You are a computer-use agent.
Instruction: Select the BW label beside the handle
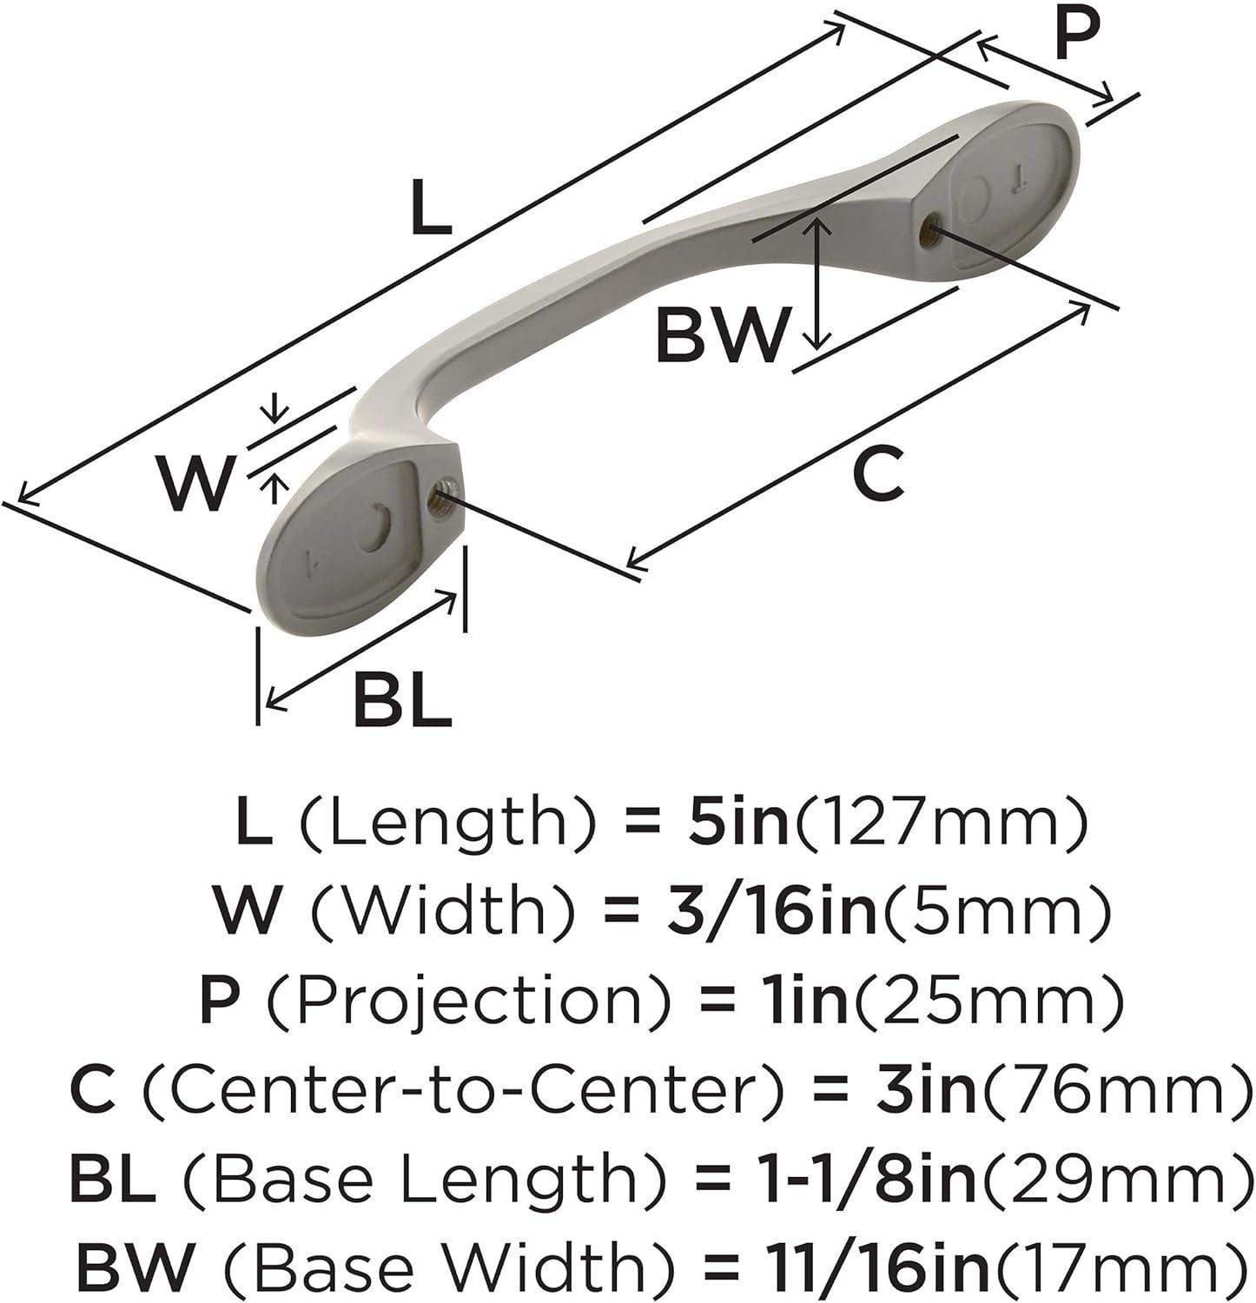coord(721,334)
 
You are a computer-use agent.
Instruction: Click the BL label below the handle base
coord(403,699)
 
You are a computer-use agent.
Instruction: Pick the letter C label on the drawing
coord(877,473)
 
